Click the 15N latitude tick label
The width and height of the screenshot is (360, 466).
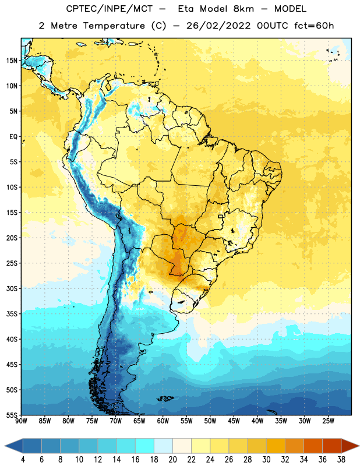12,61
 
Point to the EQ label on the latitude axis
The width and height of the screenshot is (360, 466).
13,137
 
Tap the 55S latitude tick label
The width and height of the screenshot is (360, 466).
12,415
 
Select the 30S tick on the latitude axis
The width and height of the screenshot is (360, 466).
12,288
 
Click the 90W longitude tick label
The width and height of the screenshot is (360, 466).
21,421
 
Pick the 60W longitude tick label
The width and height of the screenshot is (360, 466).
163,421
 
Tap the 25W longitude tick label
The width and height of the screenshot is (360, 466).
328,421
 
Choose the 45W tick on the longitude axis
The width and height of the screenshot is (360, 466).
234,421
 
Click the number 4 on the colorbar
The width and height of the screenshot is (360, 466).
23,460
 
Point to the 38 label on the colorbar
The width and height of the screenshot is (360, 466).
341,460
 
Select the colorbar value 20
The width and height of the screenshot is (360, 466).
172,460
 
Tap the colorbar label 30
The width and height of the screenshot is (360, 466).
266,460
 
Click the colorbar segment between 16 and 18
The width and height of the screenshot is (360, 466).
145,446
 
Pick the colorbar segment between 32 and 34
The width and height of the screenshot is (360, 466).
294,446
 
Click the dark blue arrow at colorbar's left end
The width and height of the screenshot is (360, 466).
14,446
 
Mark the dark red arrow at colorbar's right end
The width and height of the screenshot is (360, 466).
351,446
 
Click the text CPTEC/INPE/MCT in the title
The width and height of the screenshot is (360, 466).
110,9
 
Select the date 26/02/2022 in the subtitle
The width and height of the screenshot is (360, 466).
219,26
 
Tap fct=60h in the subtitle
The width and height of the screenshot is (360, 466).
314,26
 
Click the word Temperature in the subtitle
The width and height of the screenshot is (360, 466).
114,26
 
